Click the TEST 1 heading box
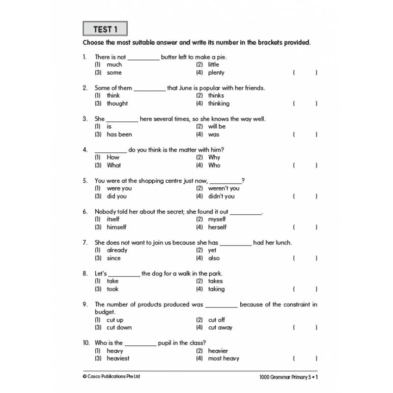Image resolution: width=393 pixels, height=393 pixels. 105,29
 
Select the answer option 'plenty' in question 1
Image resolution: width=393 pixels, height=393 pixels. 216,73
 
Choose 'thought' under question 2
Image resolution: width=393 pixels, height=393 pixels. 117,104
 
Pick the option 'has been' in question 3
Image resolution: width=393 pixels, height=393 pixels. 119,135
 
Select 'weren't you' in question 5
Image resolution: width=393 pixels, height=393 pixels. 224,188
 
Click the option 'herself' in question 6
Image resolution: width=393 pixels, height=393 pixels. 217,227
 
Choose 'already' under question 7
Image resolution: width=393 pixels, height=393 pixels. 117,250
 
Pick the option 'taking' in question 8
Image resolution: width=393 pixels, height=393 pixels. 216,289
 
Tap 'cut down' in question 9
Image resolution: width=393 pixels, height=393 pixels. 119,328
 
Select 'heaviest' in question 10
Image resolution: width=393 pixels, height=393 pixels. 118,359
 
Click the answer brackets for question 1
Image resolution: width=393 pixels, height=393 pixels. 305,73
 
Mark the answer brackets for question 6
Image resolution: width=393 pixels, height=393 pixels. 305,227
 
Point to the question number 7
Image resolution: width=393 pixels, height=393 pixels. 85,243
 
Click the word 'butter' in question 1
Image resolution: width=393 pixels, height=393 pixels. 169,57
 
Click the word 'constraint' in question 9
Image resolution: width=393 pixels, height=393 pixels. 289,305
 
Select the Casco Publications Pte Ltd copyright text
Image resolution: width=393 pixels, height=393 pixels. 111,377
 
